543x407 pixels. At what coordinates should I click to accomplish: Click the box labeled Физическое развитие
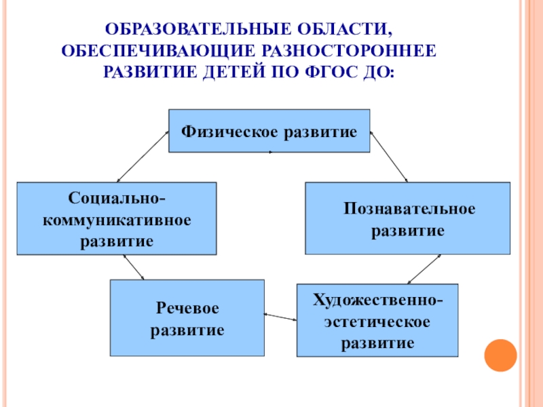click(269, 130)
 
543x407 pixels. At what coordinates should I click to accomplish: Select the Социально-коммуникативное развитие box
click(116, 218)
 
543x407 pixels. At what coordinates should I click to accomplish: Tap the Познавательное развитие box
click(407, 218)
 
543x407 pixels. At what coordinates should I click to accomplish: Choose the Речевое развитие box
click(187, 318)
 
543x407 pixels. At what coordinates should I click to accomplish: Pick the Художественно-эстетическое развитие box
click(377, 320)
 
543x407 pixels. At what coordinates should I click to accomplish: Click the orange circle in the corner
click(501, 354)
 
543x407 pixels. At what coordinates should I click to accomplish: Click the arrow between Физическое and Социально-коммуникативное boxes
click(143, 157)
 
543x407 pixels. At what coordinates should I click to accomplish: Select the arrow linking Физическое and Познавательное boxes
click(388, 156)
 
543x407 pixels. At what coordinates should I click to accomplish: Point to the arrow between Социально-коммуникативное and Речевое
click(134, 267)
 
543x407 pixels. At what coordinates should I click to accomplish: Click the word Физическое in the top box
click(227, 130)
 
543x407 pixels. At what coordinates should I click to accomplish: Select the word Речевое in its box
click(187, 309)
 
